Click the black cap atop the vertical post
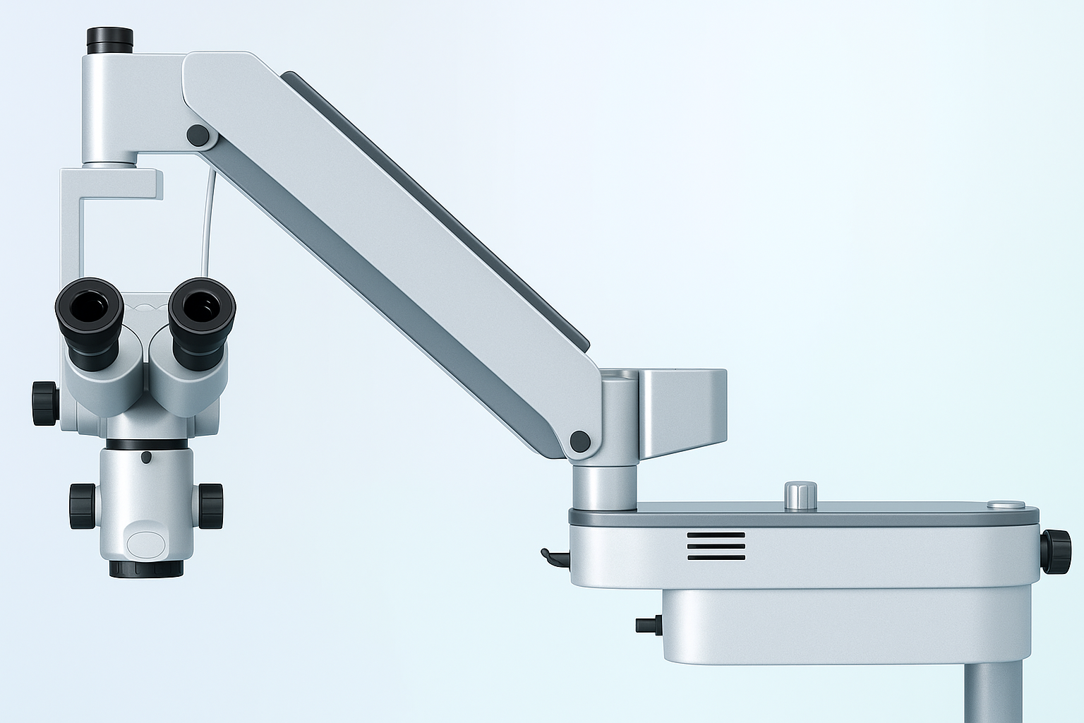click(109, 40)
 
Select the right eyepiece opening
click(203, 306)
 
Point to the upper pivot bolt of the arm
click(198, 136)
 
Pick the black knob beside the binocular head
click(44, 403)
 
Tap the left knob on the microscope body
click(83, 506)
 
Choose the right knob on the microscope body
click(210, 506)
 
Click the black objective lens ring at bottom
click(146, 568)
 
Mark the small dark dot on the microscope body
click(146, 458)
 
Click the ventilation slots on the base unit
click(716, 546)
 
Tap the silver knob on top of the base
click(800, 495)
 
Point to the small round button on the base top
click(1006, 505)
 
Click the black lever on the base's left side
click(553, 557)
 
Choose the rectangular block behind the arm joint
click(682, 413)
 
